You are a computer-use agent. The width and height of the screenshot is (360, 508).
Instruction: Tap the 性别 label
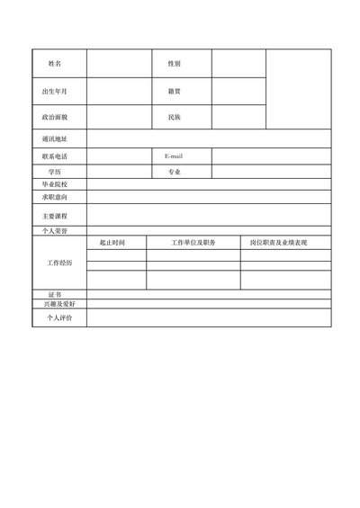tap(174, 64)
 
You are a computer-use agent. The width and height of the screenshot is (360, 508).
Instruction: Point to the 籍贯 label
tap(174, 92)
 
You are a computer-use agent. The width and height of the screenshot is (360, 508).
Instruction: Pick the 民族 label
tap(174, 117)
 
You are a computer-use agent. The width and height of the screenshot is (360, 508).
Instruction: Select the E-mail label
tap(174, 156)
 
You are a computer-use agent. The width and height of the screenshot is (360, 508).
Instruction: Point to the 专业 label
tap(174, 171)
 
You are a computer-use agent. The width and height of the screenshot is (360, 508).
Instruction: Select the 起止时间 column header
tap(112, 243)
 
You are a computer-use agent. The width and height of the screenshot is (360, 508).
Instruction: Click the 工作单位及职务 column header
tap(193, 243)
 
